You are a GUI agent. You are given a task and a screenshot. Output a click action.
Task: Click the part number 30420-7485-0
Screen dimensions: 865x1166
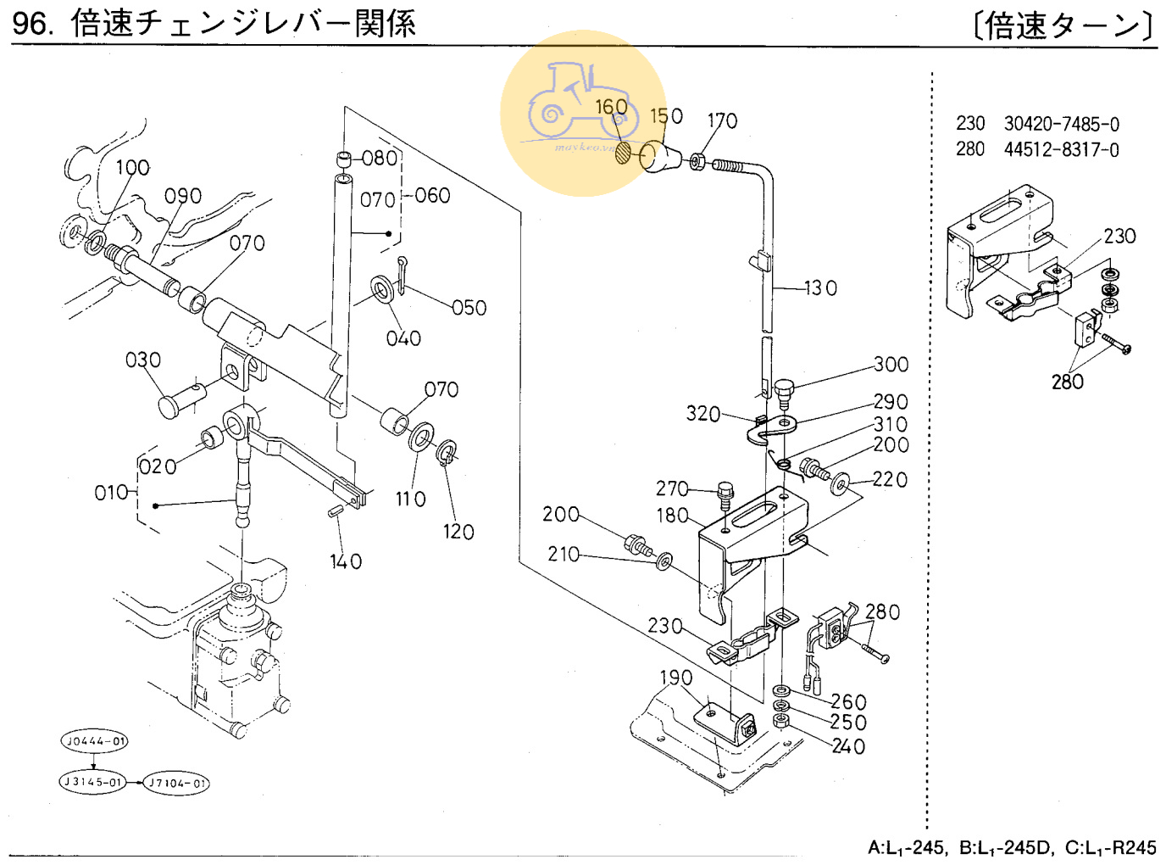click(x=1061, y=125)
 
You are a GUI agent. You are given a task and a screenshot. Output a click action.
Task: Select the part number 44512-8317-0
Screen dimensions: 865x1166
click(x=1061, y=150)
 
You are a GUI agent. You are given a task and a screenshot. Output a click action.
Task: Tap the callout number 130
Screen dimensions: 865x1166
click(x=819, y=288)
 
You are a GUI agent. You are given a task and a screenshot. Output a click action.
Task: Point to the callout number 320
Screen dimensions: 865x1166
click(x=702, y=414)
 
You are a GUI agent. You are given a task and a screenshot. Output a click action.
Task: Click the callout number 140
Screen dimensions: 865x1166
click(x=346, y=561)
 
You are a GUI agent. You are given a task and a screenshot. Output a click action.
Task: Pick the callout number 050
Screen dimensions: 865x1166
click(x=469, y=308)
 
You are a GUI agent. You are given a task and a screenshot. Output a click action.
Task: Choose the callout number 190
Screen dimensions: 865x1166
click(x=676, y=678)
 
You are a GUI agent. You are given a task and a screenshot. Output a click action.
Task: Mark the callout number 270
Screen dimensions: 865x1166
click(x=672, y=488)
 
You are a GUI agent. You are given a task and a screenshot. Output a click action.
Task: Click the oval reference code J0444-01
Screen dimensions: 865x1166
click(x=94, y=741)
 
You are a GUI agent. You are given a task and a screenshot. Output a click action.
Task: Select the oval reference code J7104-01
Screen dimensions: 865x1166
click(x=176, y=783)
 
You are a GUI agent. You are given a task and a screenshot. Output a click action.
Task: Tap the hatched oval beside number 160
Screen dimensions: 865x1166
click(x=624, y=153)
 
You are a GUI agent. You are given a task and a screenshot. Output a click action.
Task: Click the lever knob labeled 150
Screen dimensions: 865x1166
click(x=662, y=157)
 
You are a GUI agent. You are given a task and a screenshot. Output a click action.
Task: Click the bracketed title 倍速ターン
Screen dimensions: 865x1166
click(x=1063, y=25)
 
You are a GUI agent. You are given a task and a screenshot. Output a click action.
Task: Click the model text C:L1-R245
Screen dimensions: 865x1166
click(x=1110, y=847)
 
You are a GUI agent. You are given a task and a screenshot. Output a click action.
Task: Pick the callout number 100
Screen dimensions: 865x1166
click(x=132, y=168)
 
